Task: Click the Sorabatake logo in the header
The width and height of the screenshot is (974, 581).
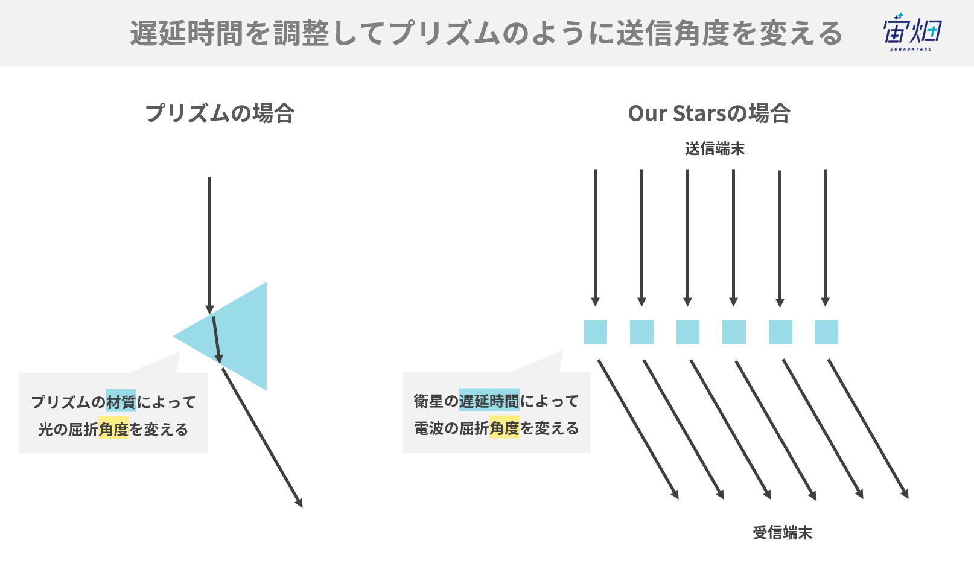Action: tap(912, 32)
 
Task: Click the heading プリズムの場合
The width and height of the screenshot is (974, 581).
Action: tap(220, 113)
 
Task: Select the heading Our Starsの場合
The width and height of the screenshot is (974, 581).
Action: tap(709, 113)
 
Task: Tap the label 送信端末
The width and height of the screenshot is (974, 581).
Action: tap(715, 149)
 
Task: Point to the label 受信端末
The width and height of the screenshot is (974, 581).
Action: tap(782, 533)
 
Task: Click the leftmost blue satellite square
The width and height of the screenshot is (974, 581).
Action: tap(595, 332)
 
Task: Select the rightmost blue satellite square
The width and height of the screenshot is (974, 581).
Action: tap(826, 332)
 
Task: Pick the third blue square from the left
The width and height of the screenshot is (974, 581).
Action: tap(688, 332)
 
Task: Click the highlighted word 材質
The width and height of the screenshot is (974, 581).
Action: tap(121, 401)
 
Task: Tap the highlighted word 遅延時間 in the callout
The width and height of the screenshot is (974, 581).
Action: tap(489, 400)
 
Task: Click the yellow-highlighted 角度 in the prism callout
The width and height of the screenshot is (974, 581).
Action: tap(113, 429)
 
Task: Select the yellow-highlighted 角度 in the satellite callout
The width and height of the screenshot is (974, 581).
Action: tap(505, 428)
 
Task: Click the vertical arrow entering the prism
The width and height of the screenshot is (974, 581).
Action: tap(209, 246)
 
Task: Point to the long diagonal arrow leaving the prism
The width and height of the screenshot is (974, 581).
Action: tap(262, 438)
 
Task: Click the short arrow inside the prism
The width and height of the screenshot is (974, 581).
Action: tap(217, 340)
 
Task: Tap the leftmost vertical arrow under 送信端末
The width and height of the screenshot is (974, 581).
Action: tap(595, 238)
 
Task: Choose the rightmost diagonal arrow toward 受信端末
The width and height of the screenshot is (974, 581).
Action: tap(868, 429)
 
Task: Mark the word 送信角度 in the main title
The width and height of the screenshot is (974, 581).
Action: tap(673, 33)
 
